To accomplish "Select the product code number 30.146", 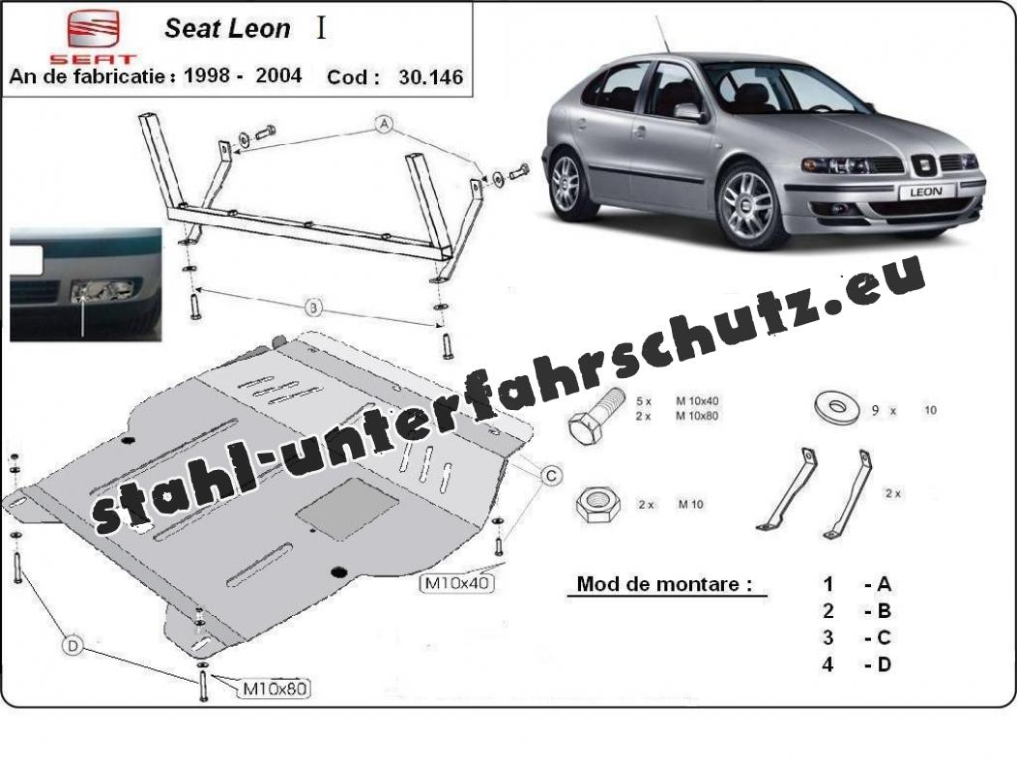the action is pyautogui.click(x=430, y=77).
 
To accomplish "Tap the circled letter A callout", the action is pyautogui.click(x=385, y=123).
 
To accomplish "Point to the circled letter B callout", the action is pyautogui.click(x=313, y=307).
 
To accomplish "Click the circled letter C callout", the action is pyautogui.click(x=551, y=476).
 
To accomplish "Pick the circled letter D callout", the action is pyautogui.click(x=73, y=645).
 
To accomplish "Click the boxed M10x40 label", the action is pyautogui.click(x=456, y=582).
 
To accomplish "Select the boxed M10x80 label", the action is pyautogui.click(x=276, y=688).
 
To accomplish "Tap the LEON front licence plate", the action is pyautogui.click(x=925, y=191).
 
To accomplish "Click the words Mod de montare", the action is pyautogui.click(x=663, y=584).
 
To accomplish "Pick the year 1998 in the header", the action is pyautogui.click(x=207, y=75).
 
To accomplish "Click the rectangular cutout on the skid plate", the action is pyautogui.click(x=347, y=509).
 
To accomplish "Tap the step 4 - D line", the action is pyautogui.click(x=857, y=664).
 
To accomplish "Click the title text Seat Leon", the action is pyautogui.click(x=227, y=29).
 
